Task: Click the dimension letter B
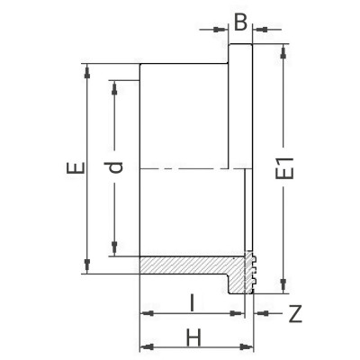(239, 20)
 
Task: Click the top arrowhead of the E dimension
(87, 68)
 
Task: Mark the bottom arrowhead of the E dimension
(87, 269)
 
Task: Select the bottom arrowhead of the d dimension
(114, 251)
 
